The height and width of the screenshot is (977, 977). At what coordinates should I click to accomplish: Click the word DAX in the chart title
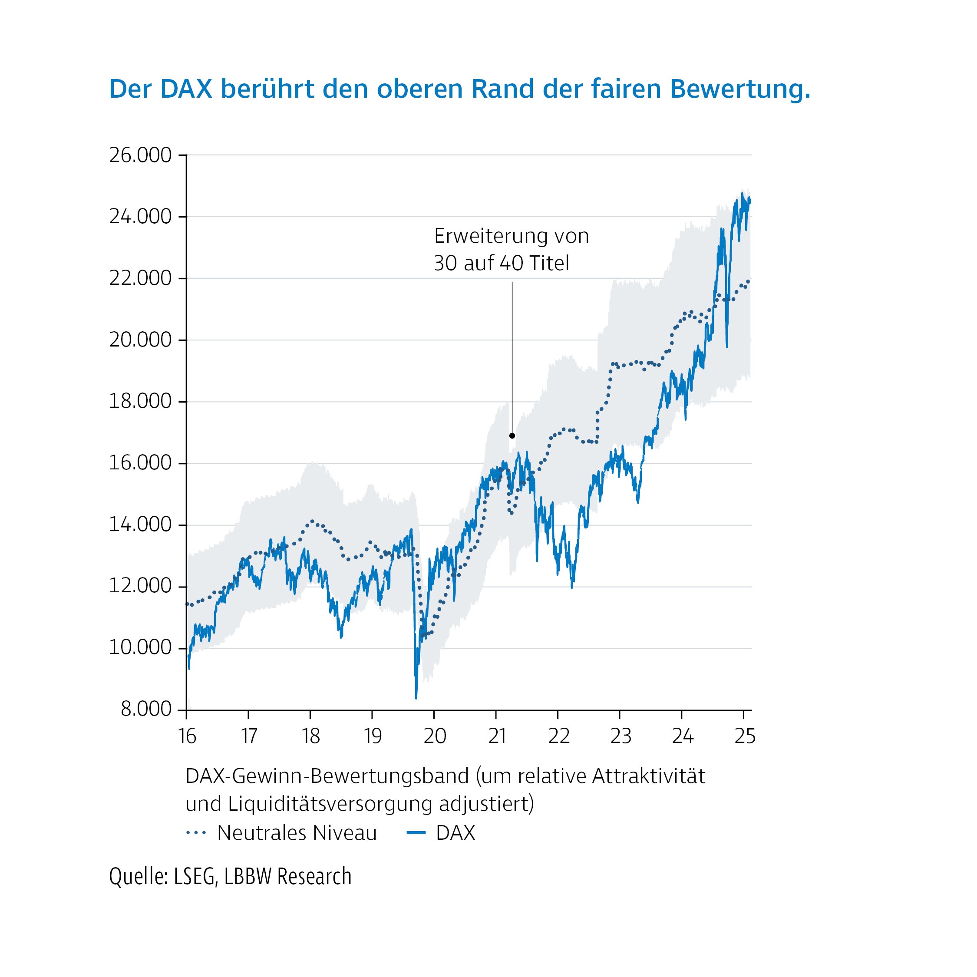click(x=185, y=89)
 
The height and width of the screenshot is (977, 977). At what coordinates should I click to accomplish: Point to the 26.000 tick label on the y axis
click(x=141, y=155)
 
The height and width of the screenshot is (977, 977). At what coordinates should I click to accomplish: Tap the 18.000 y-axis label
click(x=141, y=402)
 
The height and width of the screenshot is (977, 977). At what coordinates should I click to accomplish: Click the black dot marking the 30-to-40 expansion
click(x=512, y=436)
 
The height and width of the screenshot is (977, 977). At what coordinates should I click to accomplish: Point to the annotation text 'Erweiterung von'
click(x=511, y=237)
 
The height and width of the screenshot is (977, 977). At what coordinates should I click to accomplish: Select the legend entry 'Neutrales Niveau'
click(x=297, y=833)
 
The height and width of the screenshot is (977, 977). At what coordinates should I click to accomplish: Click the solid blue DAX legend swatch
click(x=416, y=833)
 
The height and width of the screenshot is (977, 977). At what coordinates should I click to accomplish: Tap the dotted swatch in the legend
click(x=196, y=833)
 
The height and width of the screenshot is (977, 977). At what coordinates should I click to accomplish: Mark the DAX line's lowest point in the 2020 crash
click(x=416, y=698)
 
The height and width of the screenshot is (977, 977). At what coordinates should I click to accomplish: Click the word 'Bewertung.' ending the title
click(x=740, y=89)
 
